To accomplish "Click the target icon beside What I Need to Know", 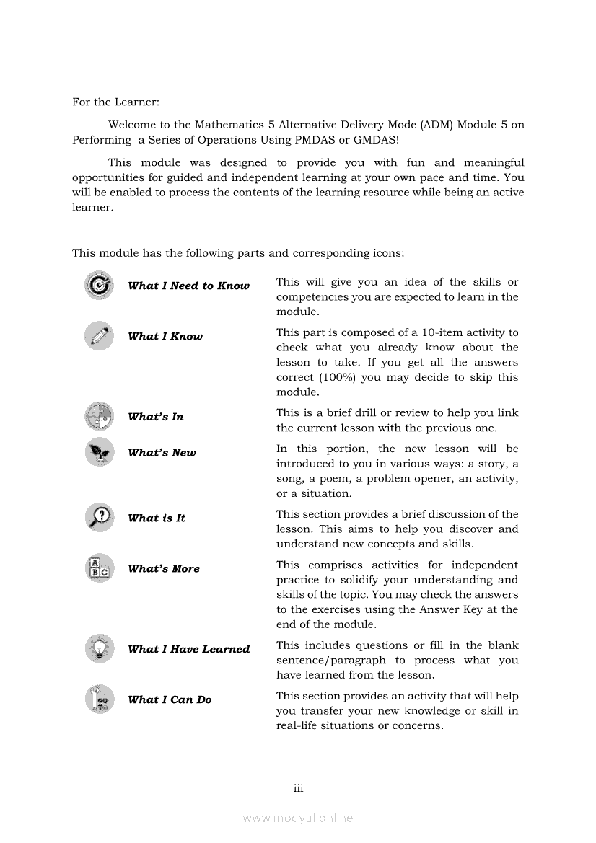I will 99,286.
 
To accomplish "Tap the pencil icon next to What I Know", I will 99,336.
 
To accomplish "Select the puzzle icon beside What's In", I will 99,416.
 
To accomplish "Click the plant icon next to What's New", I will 99,452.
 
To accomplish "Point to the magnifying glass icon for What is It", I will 99,517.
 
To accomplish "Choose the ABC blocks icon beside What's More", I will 99,568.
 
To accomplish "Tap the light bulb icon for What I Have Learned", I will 99,648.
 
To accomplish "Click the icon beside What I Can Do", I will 99,699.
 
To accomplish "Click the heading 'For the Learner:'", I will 115,102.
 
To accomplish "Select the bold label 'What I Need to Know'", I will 188,286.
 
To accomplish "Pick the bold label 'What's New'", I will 162,453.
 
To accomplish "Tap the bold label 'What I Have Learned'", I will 188,649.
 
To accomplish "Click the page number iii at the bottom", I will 298,788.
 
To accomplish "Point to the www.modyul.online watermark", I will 298,818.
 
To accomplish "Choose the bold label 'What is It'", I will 157,518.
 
